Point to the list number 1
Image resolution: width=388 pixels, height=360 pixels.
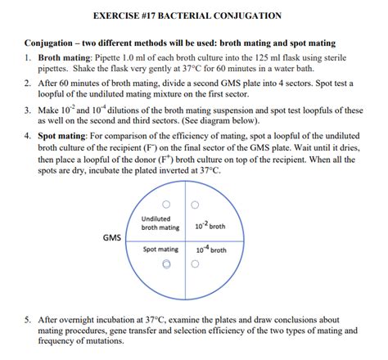coord(27,58)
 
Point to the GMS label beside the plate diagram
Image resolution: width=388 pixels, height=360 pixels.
coord(112,238)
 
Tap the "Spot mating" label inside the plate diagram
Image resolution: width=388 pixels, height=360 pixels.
coord(160,249)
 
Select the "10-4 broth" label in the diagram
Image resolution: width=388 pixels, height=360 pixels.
coord(210,249)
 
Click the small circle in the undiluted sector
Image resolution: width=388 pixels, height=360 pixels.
coord(166,205)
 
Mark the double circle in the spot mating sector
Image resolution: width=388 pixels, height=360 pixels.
coord(167,263)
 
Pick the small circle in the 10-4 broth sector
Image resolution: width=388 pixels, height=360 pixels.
coord(195,263)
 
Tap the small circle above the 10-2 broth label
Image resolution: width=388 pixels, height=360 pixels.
coord(194,205)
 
